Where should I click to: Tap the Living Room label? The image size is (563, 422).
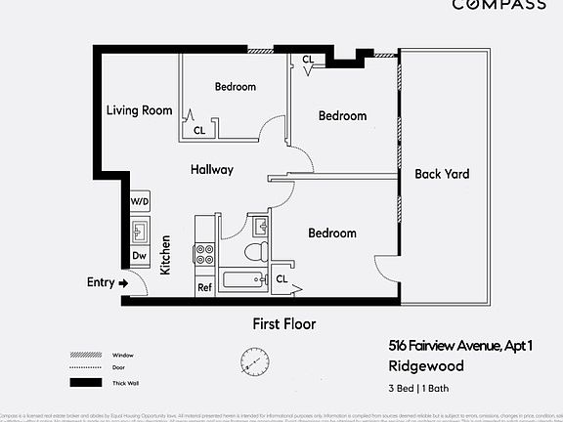pyautogui.click(x=139, y=110)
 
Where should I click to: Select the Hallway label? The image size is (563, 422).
pyautogui.click(x=211, y=170)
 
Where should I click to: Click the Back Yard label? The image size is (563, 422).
pyautogui.click(x=442, y=175)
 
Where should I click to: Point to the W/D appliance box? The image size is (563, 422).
pyautogui.click(x=140, y=202)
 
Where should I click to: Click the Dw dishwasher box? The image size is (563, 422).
pyautogui.click(x=139, y=256)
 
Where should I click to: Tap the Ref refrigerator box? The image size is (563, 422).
pyautogui.click(x=205, y=287)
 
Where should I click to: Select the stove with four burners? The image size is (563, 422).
pyautogui.click(x=205, y=255)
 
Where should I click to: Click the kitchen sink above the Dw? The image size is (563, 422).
pyautogui.click(x=139, y=232)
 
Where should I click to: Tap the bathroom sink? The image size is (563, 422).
pyautogui.click(x=260, y=227)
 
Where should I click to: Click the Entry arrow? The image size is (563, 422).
pyautogui.click(x=124, y=283)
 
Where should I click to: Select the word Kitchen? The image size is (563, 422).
pyautogui.click(x=166, y=254)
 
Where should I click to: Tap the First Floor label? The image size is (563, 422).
pyautogui.click(x=283, y=324)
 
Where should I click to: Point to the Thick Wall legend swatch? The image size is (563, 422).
pyautogui.click(x=81, y=382)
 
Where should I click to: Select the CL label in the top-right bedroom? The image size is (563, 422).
pyautogui.click(x=308, y=60)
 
